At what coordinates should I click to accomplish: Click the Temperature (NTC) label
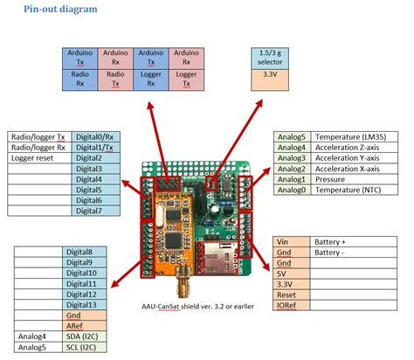[354, 189]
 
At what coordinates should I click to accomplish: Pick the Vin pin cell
[293, 240]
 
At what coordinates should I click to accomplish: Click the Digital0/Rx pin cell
[95, 137]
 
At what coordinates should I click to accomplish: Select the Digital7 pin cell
[95, 211]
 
